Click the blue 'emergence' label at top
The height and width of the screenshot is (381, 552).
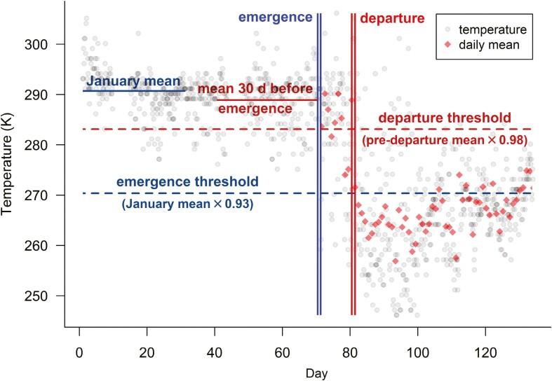pyautogui.click(x=275, y=16)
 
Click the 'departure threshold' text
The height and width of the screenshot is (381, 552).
pyautogui.click(x=445, y=118)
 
